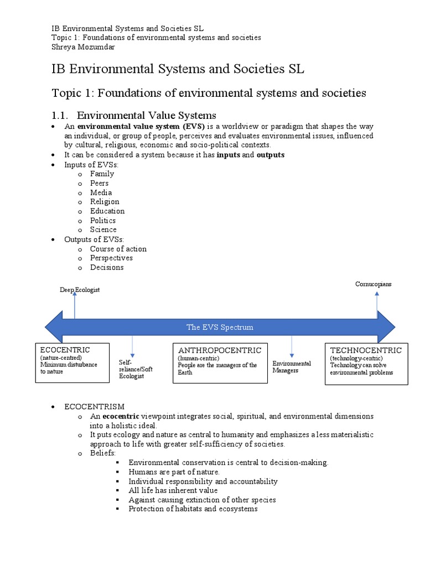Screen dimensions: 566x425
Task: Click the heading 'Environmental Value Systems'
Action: pos(146,115)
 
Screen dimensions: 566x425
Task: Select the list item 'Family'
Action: pos(102,174)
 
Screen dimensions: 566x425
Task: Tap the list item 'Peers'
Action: pos(100,183)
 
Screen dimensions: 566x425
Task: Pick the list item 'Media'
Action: pos(101,192)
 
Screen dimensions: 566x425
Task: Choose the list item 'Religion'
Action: pos(105,202)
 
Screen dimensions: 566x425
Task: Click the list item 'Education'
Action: pos(107,211)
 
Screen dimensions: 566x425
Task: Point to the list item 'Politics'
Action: pos(103,221)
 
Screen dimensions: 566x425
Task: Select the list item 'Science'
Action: pos(103,230)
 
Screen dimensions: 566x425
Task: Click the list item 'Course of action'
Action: pos(118,249)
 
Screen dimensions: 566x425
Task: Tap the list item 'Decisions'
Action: pos(107,268)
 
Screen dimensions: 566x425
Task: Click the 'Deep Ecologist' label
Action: pos(80,290)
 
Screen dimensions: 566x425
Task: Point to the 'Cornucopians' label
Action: pos(373,284)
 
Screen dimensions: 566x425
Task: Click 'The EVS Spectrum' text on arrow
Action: pos(220,327)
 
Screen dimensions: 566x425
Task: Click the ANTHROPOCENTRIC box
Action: pos(220,364)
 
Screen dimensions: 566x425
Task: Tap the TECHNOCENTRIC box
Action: pos(366,364)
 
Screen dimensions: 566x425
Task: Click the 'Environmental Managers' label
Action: pos(291,367)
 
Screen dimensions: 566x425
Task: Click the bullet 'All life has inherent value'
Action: pos(173,490)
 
